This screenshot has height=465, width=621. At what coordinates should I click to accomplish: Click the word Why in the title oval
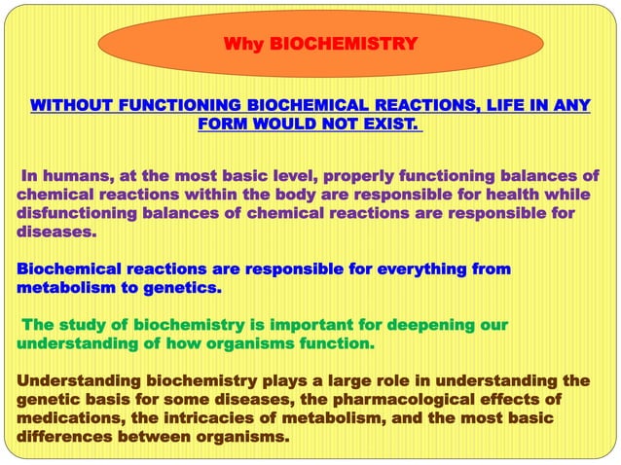click(x=244, y=44)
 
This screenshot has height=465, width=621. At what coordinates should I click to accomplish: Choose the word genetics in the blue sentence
click(x=184, y=288)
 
